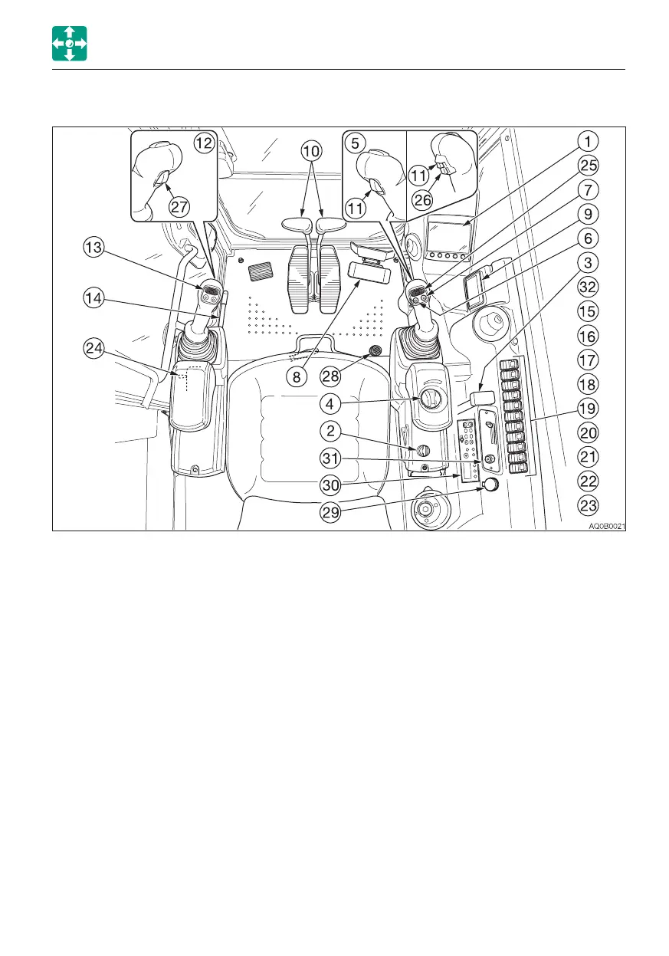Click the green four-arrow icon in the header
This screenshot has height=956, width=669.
pyautogui.click(x=69, y=43)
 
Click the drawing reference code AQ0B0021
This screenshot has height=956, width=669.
pyautogui.click(x=605, y=526)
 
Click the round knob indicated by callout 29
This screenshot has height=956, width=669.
pyautogui.click(x=487, y=486)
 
